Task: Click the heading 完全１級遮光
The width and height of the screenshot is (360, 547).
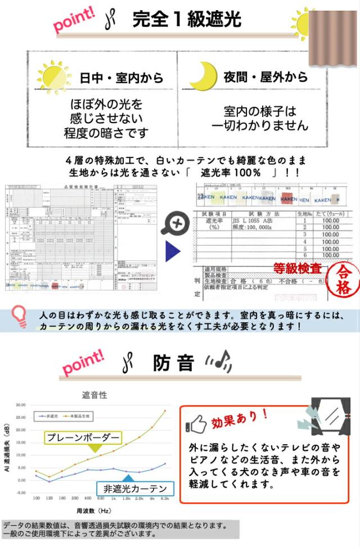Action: click(x=187, y=20)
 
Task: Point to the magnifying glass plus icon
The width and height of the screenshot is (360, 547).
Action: click(x=174, y=224)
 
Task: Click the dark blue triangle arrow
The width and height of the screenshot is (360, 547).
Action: click(x=172, y=251)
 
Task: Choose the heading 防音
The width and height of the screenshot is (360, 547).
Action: click(x=173, y=364)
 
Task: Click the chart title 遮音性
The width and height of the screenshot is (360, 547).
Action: click(x=94, y=395)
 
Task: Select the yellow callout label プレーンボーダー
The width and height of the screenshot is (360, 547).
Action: click(x=83, y=437)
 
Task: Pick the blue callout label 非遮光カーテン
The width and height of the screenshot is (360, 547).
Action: click(x=135, y=488)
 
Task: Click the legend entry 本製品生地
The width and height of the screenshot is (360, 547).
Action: click(x=81, y=415)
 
